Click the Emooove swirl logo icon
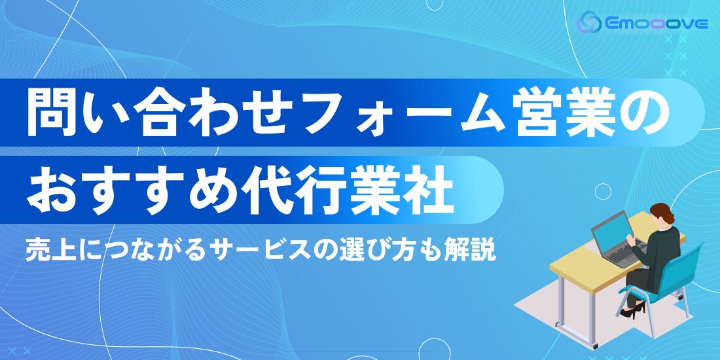pyautogui.click(x=589, y=22)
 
